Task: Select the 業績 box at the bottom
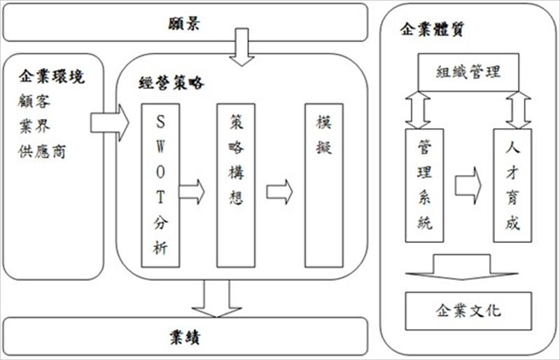(x=185, y=336)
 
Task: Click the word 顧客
(x=34, y=102)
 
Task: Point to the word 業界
(x=34, y=127)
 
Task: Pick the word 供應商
(x=43, y=151)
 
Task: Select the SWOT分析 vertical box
(x=160, y=185)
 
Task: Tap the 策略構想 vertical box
(x=236, y=185)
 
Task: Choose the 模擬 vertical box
(x=323, y=185)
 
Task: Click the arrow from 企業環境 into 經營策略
(x=110, y=123)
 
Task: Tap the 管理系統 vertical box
(x=424, y=185)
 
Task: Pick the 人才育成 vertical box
(x=512, y=185)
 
